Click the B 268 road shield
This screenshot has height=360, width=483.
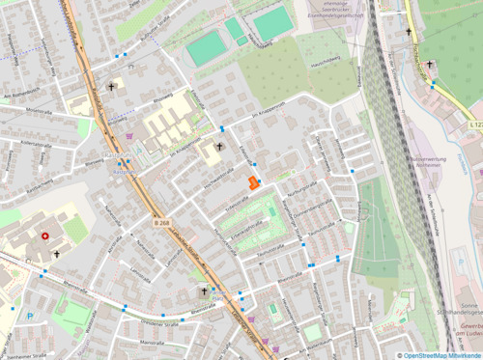point(160,222)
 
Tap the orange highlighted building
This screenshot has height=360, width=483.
point(253,182)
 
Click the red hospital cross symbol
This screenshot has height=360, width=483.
point(44,235)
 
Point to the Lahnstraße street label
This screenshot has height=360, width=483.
point(171,255)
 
